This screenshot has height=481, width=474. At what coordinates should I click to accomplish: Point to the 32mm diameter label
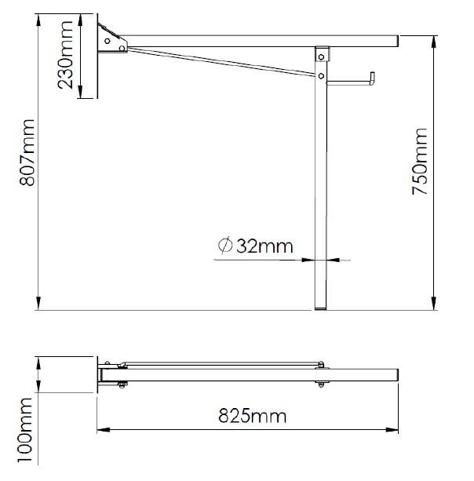255,246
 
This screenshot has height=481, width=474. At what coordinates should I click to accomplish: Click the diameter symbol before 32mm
224,246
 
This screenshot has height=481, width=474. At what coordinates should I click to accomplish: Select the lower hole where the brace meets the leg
322,75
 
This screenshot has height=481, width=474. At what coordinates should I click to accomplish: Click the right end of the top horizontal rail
397,38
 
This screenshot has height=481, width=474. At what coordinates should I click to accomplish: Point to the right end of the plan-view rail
398,376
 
